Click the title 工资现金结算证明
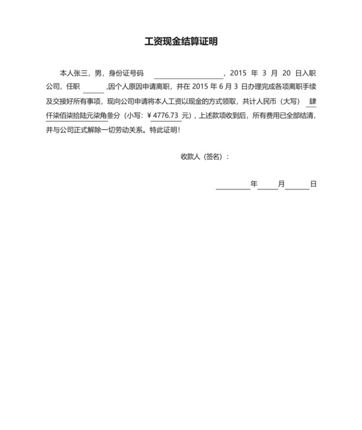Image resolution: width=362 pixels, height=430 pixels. click(x=181, y=42)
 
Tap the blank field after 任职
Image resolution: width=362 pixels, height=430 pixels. click(x=93, y=87)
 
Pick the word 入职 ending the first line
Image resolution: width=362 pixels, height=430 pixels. click(x=309, y=73)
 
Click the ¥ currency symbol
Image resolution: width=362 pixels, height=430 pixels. click(x=149, y=116)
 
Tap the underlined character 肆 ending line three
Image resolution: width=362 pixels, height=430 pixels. click(x=312, y=102)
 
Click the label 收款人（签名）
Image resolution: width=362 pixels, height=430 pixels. click(x=204, y=156)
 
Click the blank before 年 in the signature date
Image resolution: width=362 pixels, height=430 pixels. click(x=232, y=185)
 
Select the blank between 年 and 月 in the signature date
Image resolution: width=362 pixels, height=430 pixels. click(x=268, y=185)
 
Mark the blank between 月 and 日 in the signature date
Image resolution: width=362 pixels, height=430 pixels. click(x=297, y=185)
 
